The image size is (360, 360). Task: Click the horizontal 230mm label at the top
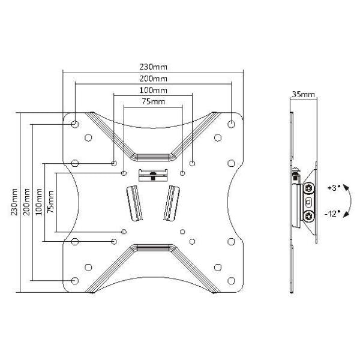point(153,67)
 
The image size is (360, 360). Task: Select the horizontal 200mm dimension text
point(153,79)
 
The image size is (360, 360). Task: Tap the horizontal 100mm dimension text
point(153,90)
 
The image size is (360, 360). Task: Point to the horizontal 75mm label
point(153,101)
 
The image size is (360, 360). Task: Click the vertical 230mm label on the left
point(14,202)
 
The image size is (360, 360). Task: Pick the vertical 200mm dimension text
point(26,202)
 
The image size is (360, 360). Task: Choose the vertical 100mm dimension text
point(38,202)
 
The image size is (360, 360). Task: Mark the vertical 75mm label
point(50,202)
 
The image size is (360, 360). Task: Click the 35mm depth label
point(303,94)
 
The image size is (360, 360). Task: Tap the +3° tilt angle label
point(334,188)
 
